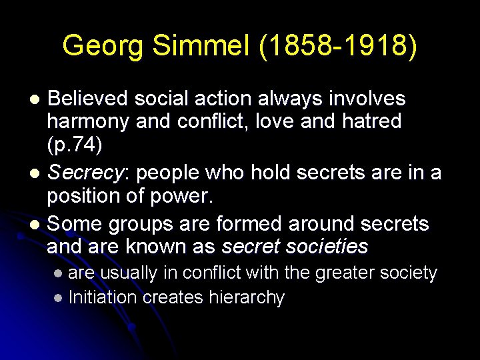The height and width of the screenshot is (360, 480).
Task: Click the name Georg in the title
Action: coord(104,46)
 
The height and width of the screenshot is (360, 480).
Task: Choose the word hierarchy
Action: coord(247,297)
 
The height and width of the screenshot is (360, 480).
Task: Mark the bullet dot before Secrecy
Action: coord(36,173)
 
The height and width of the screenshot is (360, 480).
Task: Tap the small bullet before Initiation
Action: coord(59,297)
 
